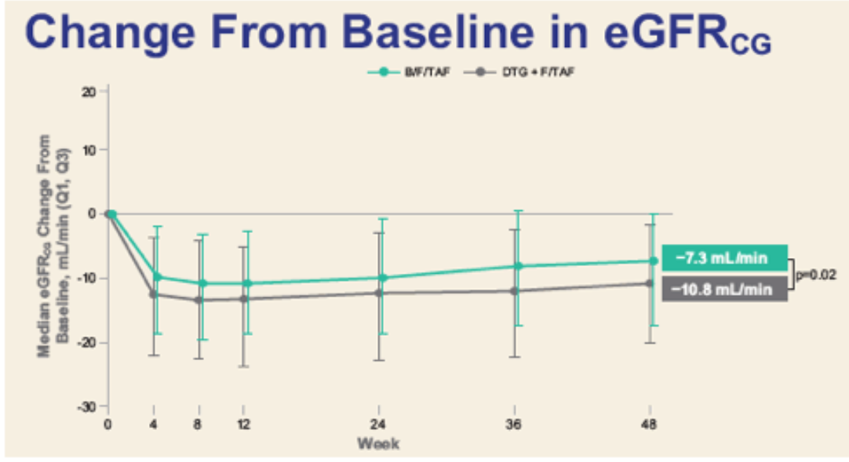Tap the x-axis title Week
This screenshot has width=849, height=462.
tap(378, 444)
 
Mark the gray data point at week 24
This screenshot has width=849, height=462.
tap(379, 293)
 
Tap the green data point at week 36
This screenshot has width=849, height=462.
tap(516, 266)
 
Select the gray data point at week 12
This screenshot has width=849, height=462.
tap(244, 299)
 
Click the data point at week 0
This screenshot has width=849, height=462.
tap(111, 213)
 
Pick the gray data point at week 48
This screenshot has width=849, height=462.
tap(650, 283)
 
